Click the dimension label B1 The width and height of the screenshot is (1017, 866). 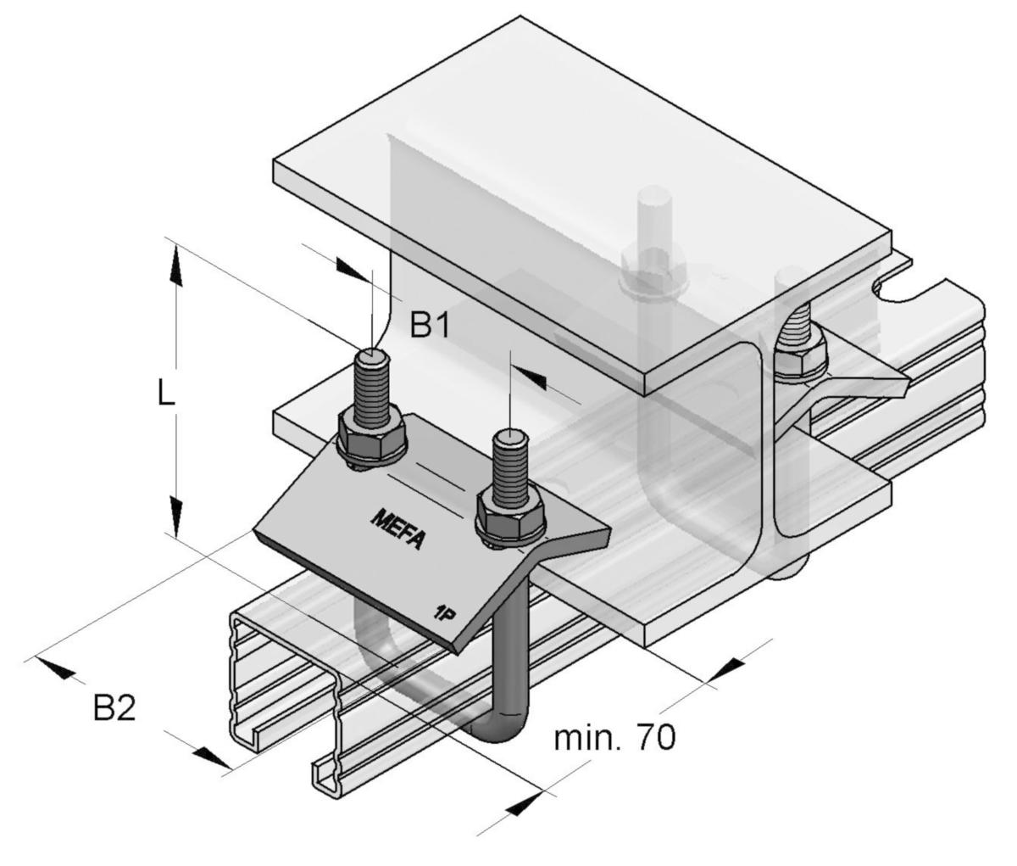pyautogui.click(x=430, y=325)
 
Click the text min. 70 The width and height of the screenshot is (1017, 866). pyautogui.click(x=614, y=737)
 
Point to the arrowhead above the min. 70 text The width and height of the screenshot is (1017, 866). pyautogui.click(x=725, y=669)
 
